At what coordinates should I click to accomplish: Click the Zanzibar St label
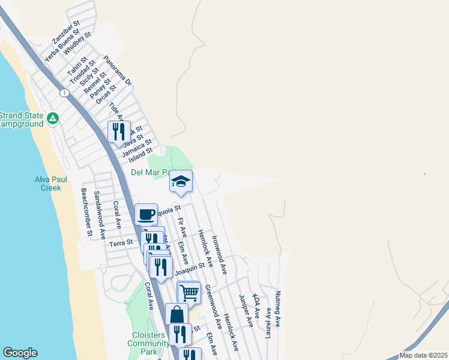coord(65,32)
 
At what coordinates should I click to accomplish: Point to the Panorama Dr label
coord(117,70)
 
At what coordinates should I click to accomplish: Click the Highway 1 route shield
coord(63,92)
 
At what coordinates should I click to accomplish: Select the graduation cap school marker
coord(180,181)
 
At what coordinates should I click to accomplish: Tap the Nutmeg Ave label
coord(278,309)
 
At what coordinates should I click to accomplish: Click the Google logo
coord(20,353)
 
